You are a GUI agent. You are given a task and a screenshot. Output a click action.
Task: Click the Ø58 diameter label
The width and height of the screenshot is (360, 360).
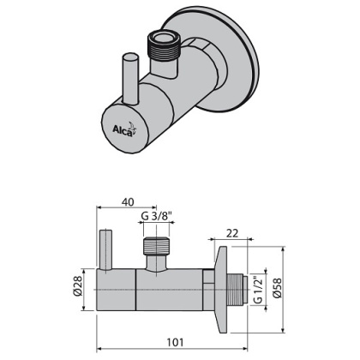pos(276,289)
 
